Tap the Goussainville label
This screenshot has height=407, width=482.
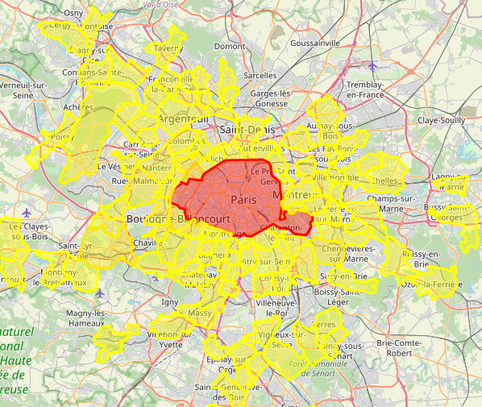(316, 43)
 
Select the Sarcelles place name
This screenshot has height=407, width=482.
(260, 75)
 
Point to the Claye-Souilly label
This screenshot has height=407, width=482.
(441, 119)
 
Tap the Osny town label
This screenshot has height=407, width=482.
(73, 13)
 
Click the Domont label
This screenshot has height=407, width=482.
(230, 47)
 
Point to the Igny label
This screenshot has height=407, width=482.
(170, 301)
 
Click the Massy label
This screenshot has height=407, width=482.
(199, 312)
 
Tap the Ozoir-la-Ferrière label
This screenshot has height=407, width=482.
(428, 285)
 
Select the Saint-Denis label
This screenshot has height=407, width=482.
(247, 129)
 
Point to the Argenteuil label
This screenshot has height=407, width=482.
(184, 118)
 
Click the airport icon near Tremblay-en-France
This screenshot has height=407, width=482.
(372, 65)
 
